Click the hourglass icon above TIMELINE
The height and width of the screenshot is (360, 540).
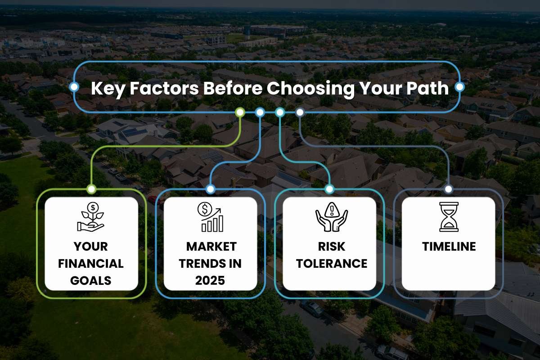pyautogui.click(x=449, y=217)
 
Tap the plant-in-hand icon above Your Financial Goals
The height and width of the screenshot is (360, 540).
pyautogui.click(x=90, y=217)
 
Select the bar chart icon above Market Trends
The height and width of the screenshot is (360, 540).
pyautogui.click(x=210, y=217)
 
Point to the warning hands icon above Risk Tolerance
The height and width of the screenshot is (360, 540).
pyautogui.click(x=332, y=217)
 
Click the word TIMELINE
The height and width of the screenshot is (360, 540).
pyautogui.click(x=449, y=247)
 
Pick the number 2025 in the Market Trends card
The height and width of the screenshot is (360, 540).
pyautogui.click(x=210, y=280)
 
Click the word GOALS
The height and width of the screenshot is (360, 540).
pyautogui.click(x=91, y=280)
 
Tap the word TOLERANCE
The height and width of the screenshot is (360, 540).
pyautogui.click(x=332, y=264)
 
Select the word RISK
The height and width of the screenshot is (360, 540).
pyautogui.click(x=332, y=247)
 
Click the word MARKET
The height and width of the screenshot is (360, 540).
pyautogui.click(x=211, y=247)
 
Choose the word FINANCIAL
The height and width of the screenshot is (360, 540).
pyautogui.click(x=91, y=264)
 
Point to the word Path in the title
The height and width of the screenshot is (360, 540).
pyautogui.click(x=427, y=88)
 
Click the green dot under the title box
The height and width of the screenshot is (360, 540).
pyautogui.click(x=240, y=112)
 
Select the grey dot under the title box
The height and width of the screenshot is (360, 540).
pyautogui.click(x=300, y=112)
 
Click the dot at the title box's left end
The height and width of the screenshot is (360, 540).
pyautogui.click(x=74, y=86)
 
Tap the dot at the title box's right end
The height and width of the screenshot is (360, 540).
pyautogui.click(x=460, y=86)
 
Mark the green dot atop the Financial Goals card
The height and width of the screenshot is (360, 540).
pyautogui.click(x=91, y=189)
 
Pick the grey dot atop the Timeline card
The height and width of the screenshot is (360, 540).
pyautogui.click(x=448, y=189)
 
